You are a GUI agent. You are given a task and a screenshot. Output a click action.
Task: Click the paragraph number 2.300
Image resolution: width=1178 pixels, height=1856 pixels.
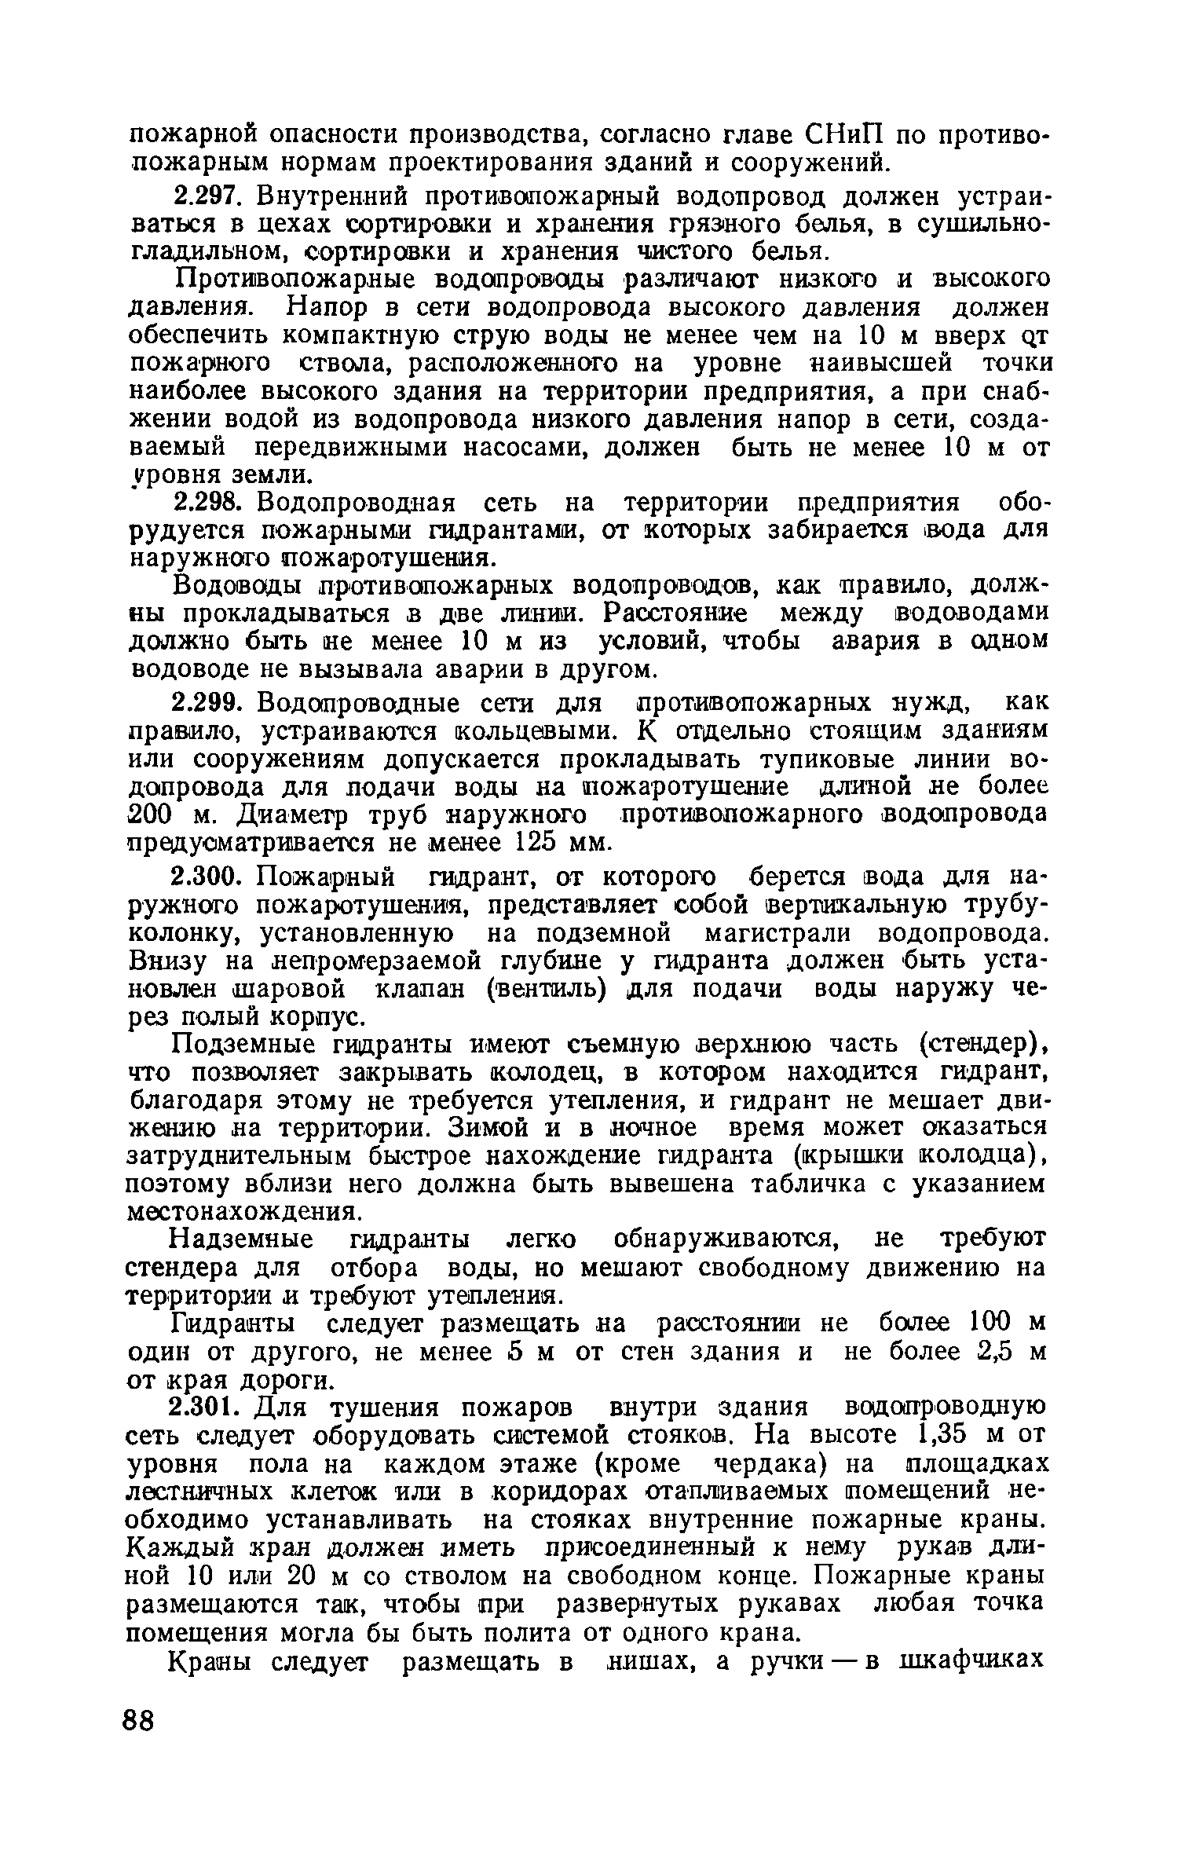point(207,876)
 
